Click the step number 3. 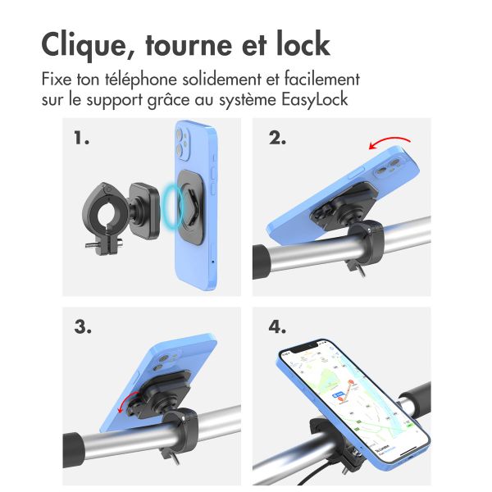click(82, 326)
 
